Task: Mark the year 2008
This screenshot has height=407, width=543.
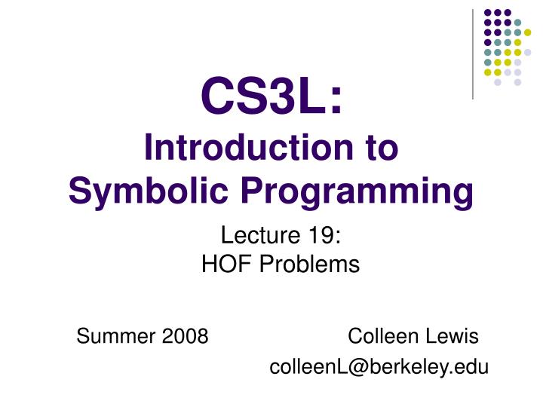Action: click(187, 335)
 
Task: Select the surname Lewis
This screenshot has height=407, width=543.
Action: click(455, 335)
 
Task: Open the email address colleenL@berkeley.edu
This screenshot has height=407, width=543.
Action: click(379, 367)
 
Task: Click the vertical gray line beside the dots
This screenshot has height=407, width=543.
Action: click(473, 53)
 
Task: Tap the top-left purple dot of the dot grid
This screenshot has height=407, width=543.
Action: click(488, 13)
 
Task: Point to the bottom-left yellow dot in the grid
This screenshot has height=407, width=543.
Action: click(488, 72)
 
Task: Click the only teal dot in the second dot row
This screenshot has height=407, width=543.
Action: click(517, 23)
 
